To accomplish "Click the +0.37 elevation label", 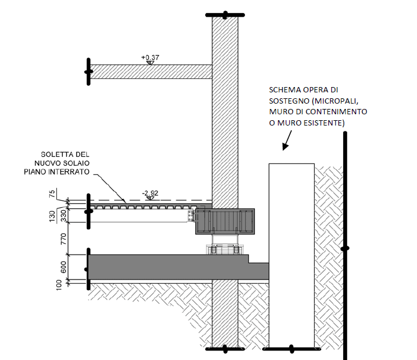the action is (x=150, y=57).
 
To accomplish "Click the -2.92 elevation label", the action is (x=150, y=193).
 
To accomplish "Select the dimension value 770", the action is (x=63, y=239).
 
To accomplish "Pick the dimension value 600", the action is (x=63, y=267).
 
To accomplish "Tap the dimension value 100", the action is (x=59, y=285).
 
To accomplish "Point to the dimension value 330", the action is (x=63, y=216).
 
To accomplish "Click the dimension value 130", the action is (x=52, y=216).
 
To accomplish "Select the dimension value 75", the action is (x=52, y=194).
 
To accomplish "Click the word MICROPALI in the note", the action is (x=336, y=101).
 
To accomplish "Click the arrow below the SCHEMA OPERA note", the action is (x=287, y=140).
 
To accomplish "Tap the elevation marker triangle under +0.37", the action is (x=150, y=63).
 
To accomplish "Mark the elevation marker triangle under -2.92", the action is (x=150, y=198).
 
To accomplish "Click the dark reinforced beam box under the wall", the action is (x=225, y=221).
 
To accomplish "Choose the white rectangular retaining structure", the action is (x=292, y=256).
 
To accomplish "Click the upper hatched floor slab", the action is (x=151, y=72).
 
